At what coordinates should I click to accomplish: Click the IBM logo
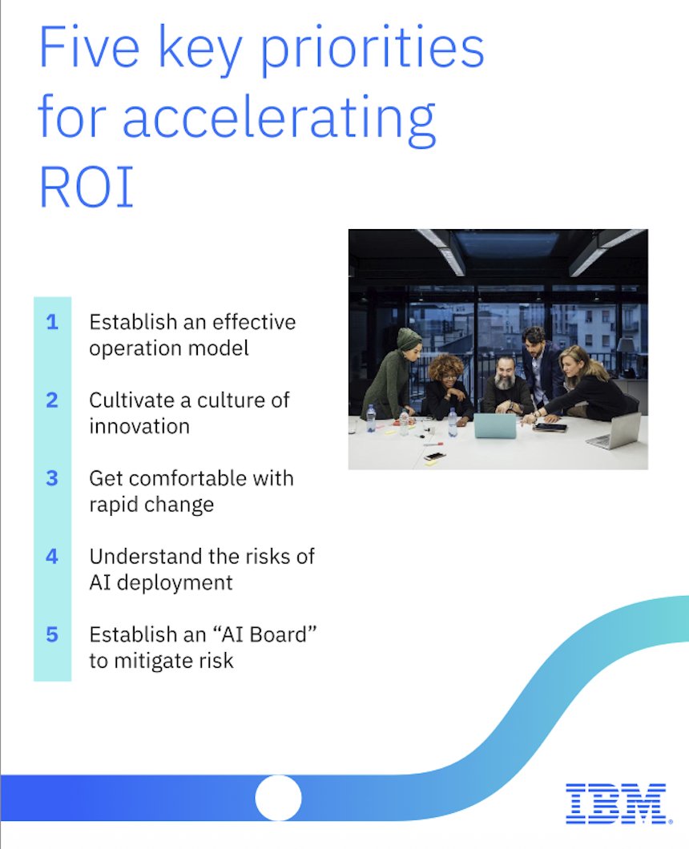click(x=615, y=803)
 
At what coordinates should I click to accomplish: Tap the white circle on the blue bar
click(x=278, y=798)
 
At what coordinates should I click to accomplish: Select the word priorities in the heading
click(x=363, y=50)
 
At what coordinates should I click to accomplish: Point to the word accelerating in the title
click(x=279, y=119)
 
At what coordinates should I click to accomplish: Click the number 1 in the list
click(x=52, y=323)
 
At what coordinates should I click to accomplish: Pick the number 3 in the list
click(x=52, y=478)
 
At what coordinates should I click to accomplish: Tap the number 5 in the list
click(x=52, y=634)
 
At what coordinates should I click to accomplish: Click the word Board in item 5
click(x=272, y=634)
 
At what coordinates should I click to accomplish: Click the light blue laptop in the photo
click(x=494, y=425)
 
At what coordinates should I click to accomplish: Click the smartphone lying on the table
click(x=434, y=456)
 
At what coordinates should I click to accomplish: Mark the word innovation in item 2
click(x=139, y=426)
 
